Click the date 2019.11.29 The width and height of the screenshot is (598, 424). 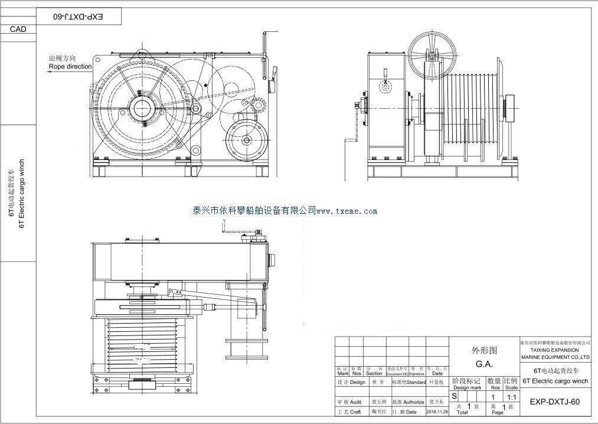[437, 412]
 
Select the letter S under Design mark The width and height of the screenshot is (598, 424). [454, 396]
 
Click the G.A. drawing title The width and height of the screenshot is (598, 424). [484, 364]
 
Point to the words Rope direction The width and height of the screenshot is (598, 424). [70, 67]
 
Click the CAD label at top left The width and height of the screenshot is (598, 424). [18, 30]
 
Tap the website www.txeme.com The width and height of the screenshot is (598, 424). [347, 211]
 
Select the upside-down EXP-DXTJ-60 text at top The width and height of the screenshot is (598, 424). [79, 17]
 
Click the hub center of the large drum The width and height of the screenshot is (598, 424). [142, 108]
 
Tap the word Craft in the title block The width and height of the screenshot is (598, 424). [355, 412]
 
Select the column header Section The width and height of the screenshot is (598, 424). [374, 373]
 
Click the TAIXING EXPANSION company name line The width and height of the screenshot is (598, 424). [555, 350]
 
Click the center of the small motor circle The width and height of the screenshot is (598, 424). [246, 141]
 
